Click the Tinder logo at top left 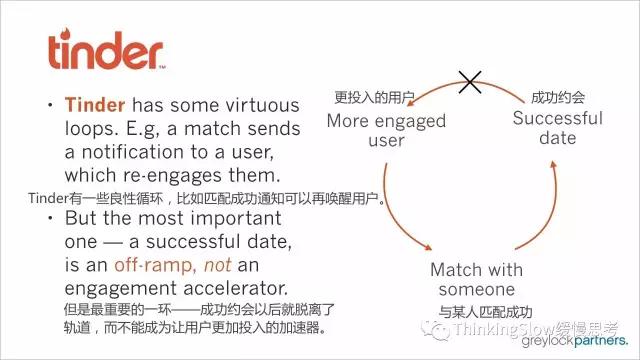tap(106, 50)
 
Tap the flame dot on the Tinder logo tap(65, 33)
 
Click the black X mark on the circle tap(470, 82)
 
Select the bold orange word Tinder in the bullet tap(95, 105)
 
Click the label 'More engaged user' tap(386, 131)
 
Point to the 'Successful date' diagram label tap(558, 128)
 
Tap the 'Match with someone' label tap(476, 280)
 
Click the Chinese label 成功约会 tap(558, 97)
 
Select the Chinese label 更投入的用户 tap(374, 97)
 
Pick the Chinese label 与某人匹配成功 tap(485, 312)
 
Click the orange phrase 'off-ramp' tap(152, 265)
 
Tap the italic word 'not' tap(218, 265)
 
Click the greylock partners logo tap(575, 341)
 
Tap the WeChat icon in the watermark tap(435, 329)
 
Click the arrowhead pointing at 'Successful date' tap(553, 164)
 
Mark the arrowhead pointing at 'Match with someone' tap(427, 247)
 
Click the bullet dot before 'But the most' tap(50, 218)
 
